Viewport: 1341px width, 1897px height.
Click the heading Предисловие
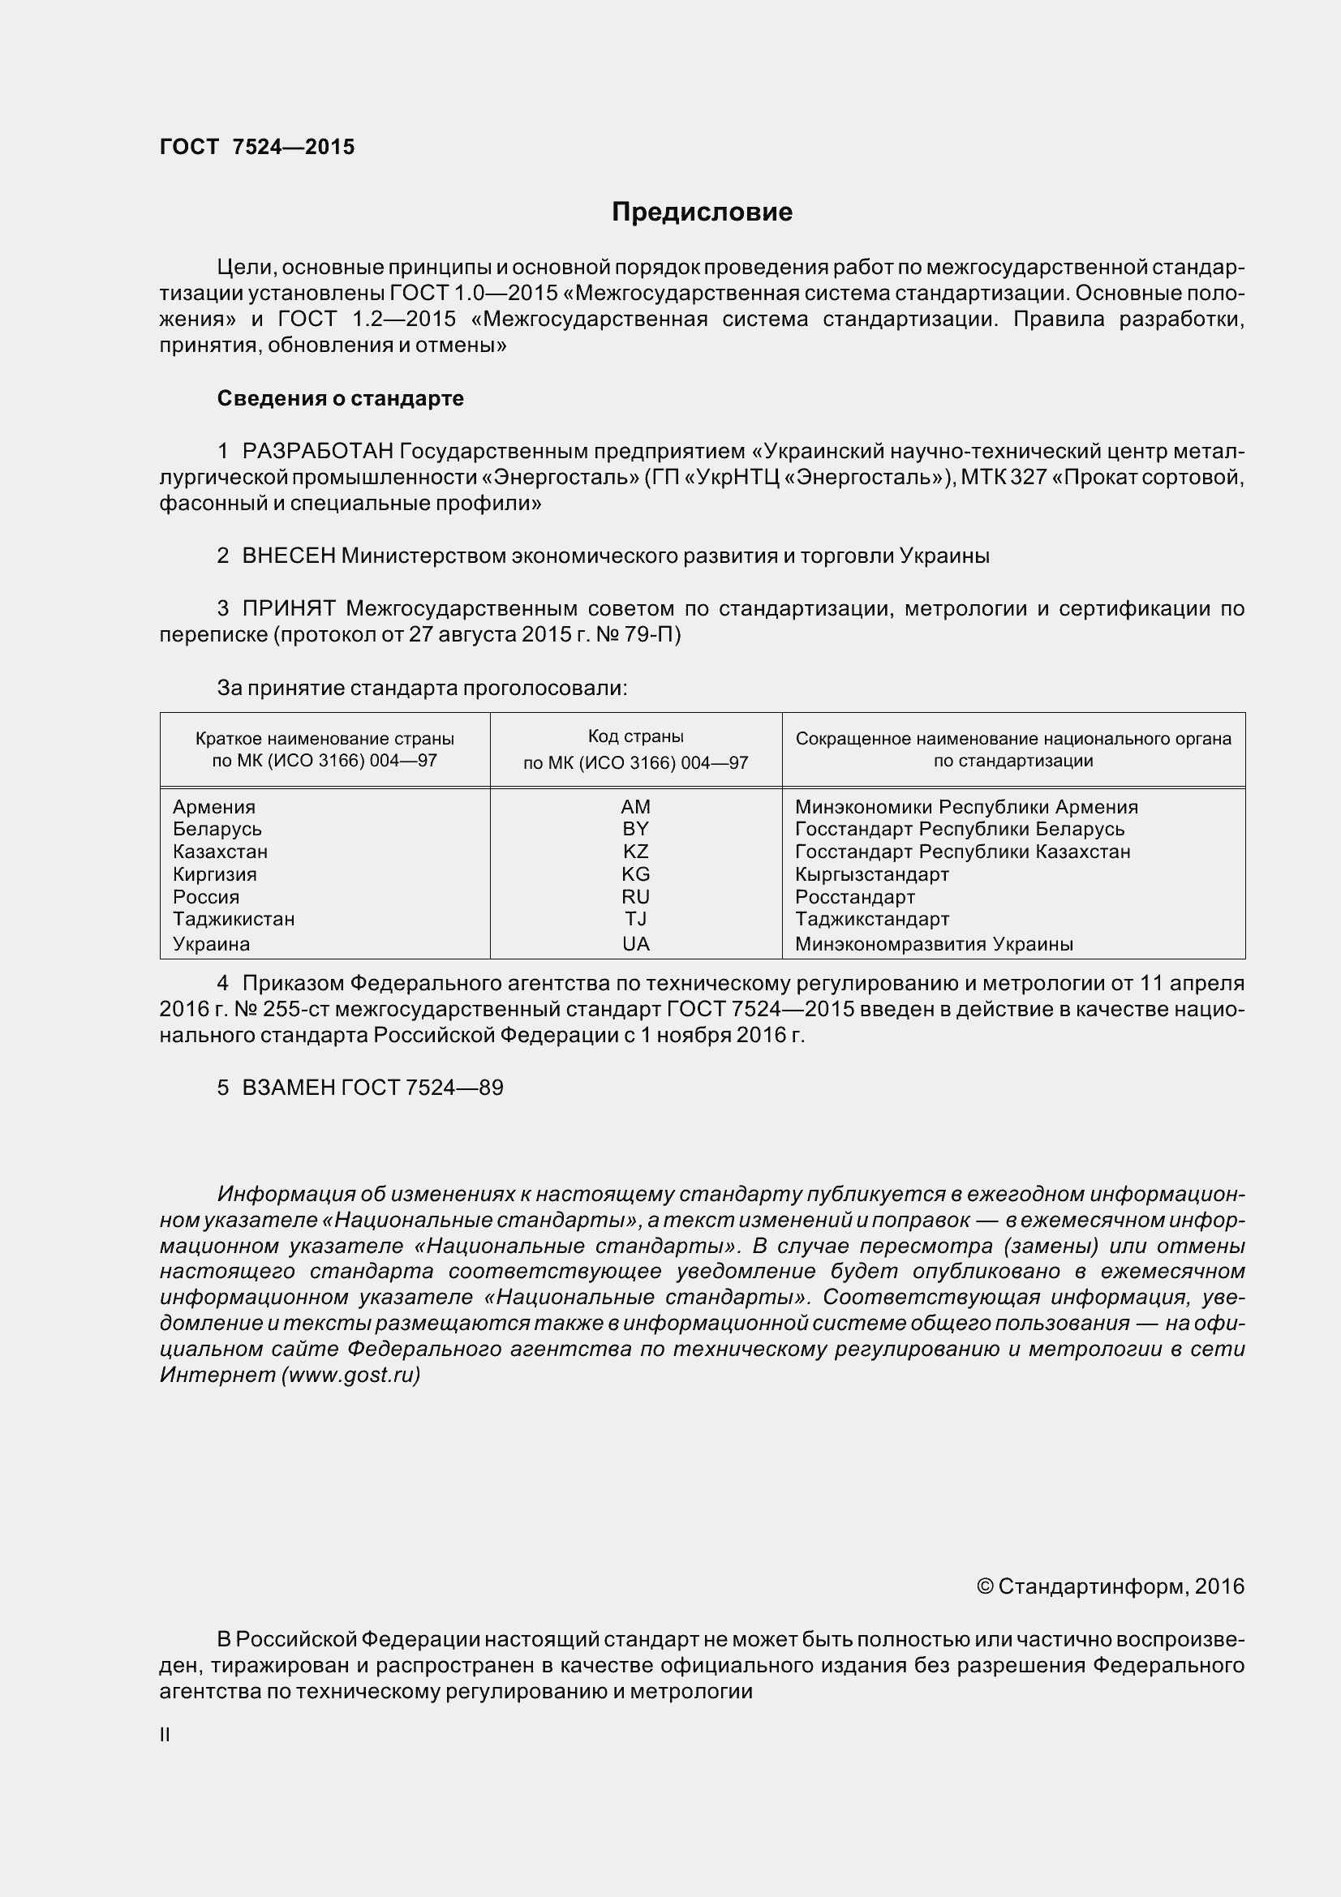(702, 212)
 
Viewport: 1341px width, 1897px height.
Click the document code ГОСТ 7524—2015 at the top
(257, 147)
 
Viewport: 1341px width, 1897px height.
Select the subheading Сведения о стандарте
(341, 398)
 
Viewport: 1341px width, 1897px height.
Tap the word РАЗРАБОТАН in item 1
(317, 451)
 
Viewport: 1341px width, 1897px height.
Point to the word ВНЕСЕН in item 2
(288, 556)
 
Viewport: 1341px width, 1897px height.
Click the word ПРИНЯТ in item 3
(288, 609)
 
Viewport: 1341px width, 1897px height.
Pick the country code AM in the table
(635, 806)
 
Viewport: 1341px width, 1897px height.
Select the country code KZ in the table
(635, 851)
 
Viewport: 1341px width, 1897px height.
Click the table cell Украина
(212, 943)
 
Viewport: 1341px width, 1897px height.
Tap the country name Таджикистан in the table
(234, 919)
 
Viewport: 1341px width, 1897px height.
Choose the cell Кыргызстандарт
(872, 874)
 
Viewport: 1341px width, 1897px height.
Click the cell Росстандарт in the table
(855, 896)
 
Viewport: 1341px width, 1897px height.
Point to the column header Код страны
(635, 736)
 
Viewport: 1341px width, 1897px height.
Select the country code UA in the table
(635, 943)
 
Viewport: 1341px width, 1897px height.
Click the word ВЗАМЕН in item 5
(288, 1088)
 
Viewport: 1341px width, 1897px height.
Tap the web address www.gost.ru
(350, 1375)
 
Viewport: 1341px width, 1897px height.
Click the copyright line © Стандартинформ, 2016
(1110, 1586)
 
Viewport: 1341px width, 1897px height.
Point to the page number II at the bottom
(165, 1735)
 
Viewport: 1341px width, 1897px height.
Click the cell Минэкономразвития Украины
(934, 943)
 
